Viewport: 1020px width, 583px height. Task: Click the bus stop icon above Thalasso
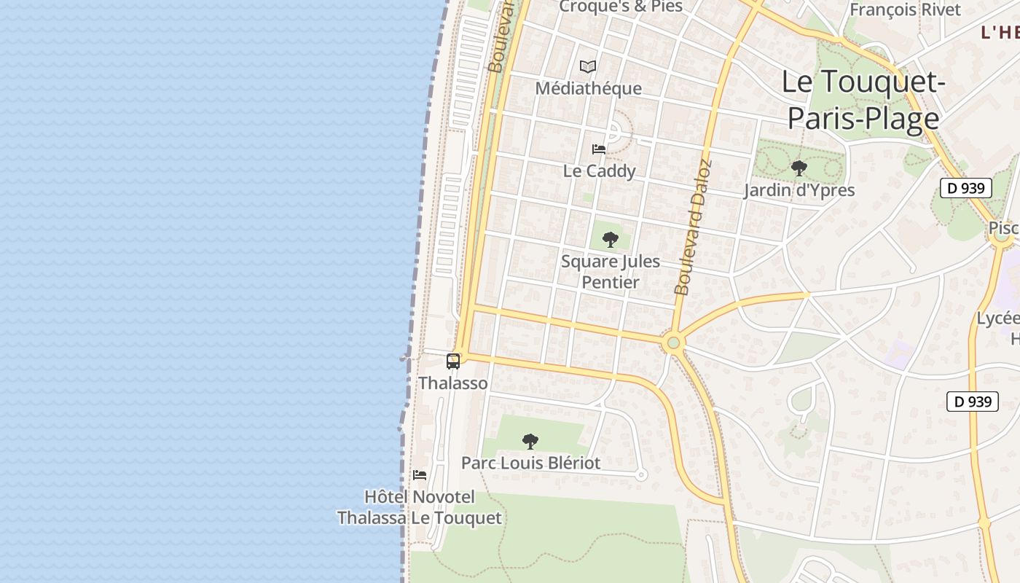(x=453, y=361)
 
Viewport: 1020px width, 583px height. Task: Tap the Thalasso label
(x=453, y=383)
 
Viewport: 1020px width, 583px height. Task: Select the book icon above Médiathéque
(x=588, y=67)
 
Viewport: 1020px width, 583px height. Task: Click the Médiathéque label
(x=588, y=89)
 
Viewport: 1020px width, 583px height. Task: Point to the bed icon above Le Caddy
(x=599, y=149)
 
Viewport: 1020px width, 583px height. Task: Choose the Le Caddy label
(x=599, y=171)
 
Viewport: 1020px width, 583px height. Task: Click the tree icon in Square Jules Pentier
(x=611, y=240)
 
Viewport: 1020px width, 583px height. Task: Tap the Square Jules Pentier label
(x=611, y=272)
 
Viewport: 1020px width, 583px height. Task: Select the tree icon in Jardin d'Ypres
(x=799, y=169)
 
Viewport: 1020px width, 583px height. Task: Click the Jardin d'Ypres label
(x=799, y=191)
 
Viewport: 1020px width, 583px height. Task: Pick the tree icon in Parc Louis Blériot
(x=530, y=441)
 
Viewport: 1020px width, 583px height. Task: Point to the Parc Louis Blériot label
(x=530, y=463)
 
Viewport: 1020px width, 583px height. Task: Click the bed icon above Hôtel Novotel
(x=420, y=475)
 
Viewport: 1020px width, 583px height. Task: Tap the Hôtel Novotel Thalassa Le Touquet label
(x=420, y=508)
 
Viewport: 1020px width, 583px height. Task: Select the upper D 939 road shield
(x=966, y=188)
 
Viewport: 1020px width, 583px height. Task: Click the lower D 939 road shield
(x=972, y=402)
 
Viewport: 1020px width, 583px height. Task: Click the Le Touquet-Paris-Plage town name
(x=863, y=100)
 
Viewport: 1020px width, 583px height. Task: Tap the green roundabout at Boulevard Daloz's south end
(x=673, y=343)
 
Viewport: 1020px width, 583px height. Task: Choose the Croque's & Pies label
(x=621, y=7)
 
